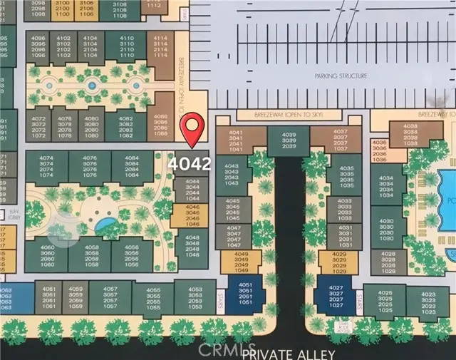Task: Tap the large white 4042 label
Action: click(x=190, y=163)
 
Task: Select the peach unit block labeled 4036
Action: click(x=379, y=151)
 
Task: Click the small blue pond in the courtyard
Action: click(x=105, y=226)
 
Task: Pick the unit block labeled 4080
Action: click(x=90, y=122)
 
